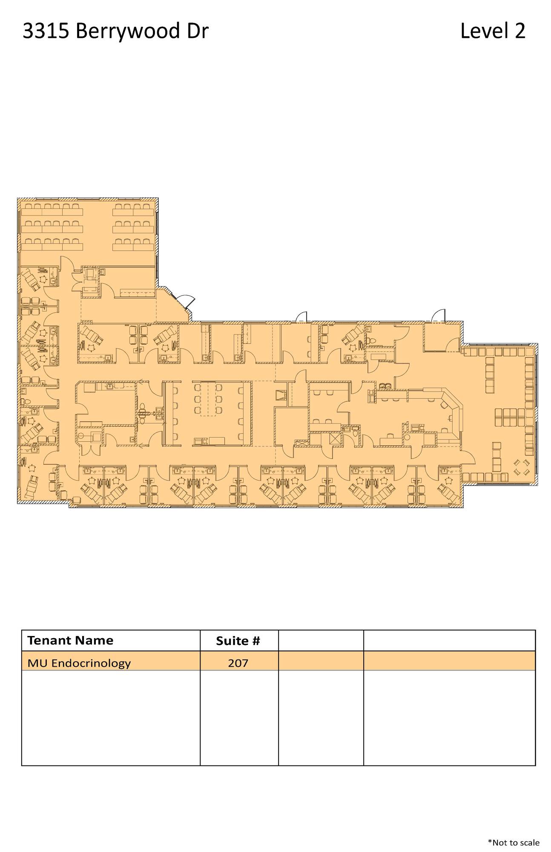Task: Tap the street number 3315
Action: (x=46, y=31)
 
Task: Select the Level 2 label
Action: (x=493, y=31)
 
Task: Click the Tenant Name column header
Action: (x=70, y=640)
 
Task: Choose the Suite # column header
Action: (x=238, y=641)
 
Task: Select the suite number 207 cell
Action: (x=238, y=663)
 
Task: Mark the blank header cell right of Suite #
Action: (x=321, y=641)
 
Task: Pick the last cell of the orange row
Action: (x=449, y=661)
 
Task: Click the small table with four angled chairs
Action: (x=522, y=467)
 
